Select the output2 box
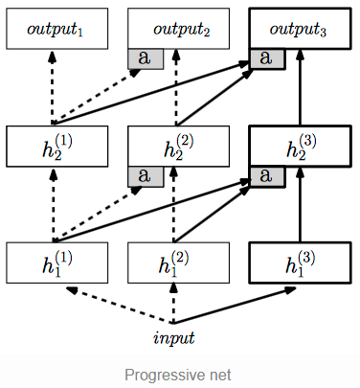click(x=178, y=30)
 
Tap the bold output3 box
click(x=300, y=30)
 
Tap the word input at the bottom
click(x=173, y=336)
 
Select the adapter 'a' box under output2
click(x=146, y=58)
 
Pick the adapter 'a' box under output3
click(x=267, y=58)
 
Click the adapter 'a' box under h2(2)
click(x=146, y=175)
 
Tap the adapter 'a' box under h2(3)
click(x=267, y=175)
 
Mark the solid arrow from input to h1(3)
click(x=239, y=305)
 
